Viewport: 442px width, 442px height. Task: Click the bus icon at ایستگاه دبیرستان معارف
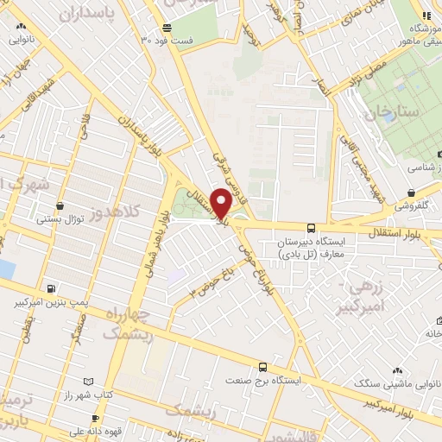click(311, 228)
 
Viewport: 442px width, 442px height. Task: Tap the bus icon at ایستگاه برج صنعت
click(262, 366)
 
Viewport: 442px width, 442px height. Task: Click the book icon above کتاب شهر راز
click(87, 380)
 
